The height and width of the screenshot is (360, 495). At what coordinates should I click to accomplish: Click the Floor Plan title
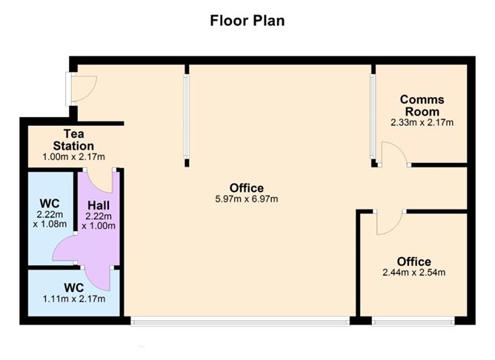(x=247, y=21)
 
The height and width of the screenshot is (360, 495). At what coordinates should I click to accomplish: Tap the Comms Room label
(x=422, y=105)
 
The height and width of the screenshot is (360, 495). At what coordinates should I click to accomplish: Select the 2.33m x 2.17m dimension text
(x=422, y=122)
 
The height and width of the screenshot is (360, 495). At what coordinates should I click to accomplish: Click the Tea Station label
(x=73, y=140)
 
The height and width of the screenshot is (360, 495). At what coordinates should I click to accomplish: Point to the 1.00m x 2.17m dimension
(x=73, y=157)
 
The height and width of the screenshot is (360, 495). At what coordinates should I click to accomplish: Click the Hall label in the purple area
(x=99, y=205)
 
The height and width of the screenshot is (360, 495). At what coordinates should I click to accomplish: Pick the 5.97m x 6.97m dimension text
(x=247, y=199)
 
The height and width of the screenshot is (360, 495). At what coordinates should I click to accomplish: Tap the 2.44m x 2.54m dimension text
(x=414, y=273)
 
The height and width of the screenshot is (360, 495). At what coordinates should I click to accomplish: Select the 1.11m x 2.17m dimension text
(x=74, y=299)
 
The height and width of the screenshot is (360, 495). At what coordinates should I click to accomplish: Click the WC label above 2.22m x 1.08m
(x=50, y=203)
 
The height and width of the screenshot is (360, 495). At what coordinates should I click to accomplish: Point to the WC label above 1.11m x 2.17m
(x=74, y=287)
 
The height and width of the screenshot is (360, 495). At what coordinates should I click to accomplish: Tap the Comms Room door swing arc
(x=400, y=147)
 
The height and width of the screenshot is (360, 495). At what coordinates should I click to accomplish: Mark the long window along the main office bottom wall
(x=241, y=321)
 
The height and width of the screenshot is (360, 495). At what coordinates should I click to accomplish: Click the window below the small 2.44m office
(x=413, y=321)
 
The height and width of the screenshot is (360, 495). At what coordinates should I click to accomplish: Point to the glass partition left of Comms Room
(x=373, y=116)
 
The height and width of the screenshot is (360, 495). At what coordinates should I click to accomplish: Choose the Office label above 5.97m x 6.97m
(x=247, y=188)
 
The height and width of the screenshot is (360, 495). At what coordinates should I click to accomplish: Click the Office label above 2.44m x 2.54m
(x=414, y=261)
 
